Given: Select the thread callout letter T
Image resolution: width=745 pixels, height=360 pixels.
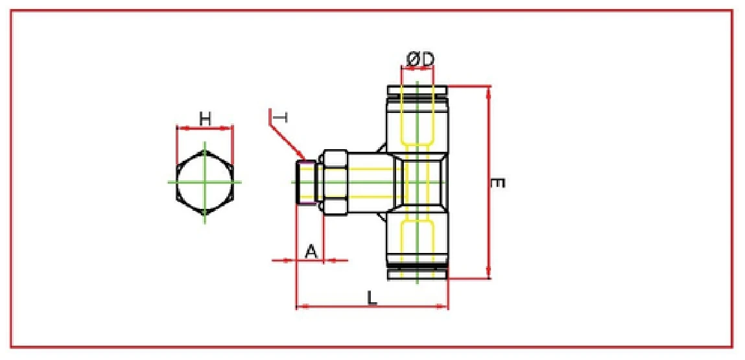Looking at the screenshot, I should point(280,117).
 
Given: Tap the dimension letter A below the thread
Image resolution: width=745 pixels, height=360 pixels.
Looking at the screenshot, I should point(311,250).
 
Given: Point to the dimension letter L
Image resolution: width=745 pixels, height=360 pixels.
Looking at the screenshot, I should point(372,297).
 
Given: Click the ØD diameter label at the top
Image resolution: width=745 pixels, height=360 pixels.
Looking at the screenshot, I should point(420,59).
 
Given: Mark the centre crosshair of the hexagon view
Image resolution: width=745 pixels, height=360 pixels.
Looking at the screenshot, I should point(205,182).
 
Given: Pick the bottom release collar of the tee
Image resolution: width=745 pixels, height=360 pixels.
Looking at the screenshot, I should point(417,274).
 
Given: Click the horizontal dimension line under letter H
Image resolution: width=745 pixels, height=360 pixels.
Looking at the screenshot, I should point(205,128).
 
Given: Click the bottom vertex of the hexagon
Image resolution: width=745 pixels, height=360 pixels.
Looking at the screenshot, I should point(205,211).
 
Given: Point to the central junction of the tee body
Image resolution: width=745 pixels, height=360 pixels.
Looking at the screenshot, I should point(418,182).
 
